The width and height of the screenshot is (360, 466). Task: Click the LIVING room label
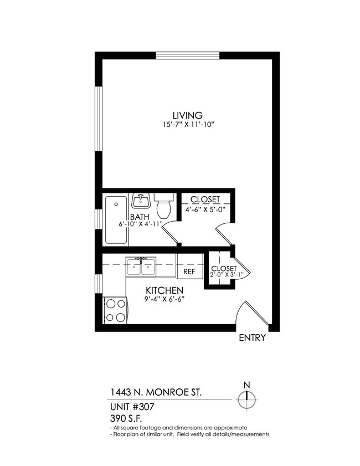click(187, 115)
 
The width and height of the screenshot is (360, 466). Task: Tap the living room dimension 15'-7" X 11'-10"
click(187, 126)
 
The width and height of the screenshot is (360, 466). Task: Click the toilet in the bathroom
click(164, 207)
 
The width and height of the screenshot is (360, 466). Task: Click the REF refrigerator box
click(189, 272)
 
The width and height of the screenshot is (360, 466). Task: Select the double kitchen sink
click(141, 267)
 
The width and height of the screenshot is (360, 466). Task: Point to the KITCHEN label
click(164, 290)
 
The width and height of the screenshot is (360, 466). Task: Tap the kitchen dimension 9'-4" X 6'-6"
click(164, 300)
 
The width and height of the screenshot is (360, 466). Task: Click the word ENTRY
click(252, 338)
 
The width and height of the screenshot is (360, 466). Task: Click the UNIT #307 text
click(132, 407)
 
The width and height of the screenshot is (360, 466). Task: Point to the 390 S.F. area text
click(126, 418)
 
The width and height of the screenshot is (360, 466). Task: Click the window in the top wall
click(188, 55)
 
